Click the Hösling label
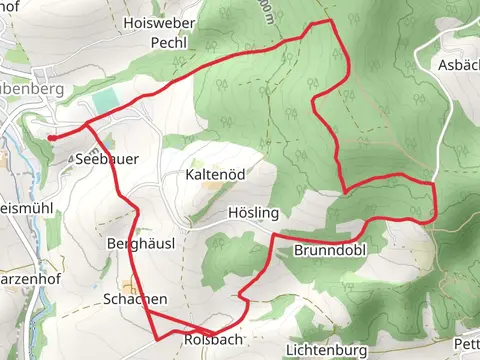tap(253, 214)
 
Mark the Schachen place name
tap(134, 299)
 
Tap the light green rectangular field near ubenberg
tap(104, 100)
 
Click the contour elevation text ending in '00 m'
tap(263, 12)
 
